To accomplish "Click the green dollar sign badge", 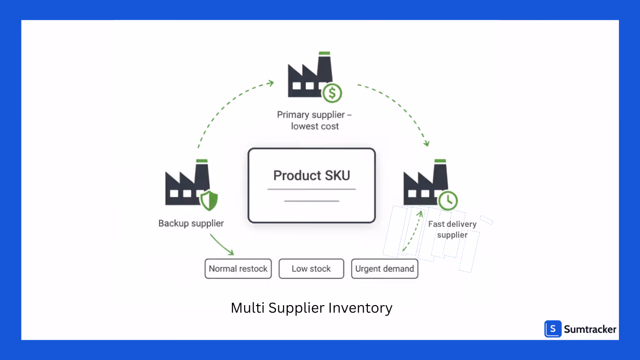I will tap(332, 93).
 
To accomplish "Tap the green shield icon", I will tap(209, 201).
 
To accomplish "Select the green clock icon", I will tap(448, 200).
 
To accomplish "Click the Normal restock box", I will tap(238, 269).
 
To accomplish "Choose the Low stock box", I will tap(311, 269).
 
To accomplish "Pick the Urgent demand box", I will tap(384, 269).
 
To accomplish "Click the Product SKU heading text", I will tap(312, 175).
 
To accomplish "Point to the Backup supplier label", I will tap(191, 223).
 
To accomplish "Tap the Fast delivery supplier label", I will tap(452, 229).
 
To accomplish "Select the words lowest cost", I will tap(315, 126).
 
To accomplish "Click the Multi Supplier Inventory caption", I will tap(312, 308).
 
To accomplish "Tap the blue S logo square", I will tap(553, 329).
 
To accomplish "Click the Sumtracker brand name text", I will tap(590, 329).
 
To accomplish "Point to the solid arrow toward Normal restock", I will tap(222, 245).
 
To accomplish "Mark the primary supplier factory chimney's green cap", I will tap(324, 53).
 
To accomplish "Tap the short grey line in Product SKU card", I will tap(312, 201).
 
